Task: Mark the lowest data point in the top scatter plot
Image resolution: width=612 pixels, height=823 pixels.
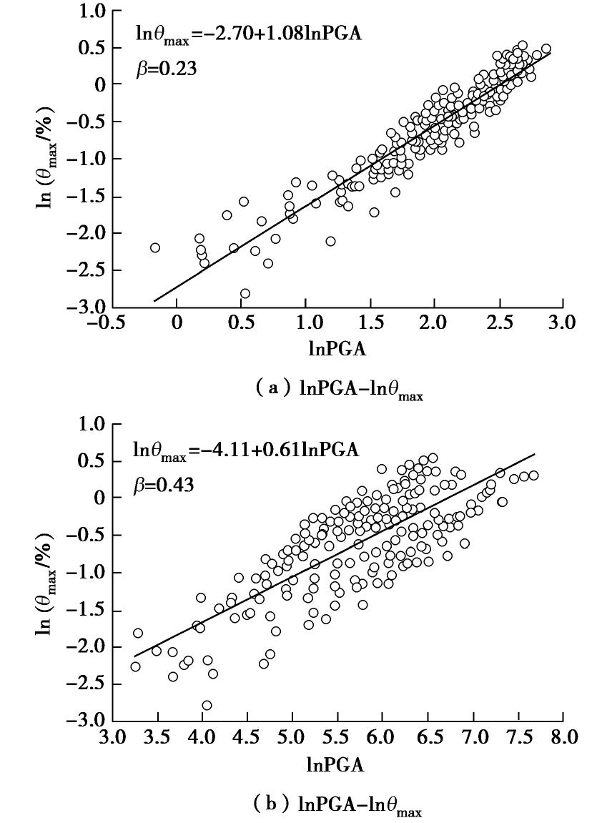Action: pos(245,293)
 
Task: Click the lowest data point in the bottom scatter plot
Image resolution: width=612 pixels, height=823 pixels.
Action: pos(207,705)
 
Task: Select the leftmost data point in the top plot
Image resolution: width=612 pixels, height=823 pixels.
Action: pos(154,247)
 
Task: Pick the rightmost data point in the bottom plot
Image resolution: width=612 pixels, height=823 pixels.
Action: pos(533,475)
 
